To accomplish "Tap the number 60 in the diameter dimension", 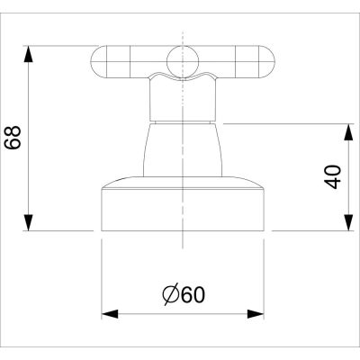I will point(192,294).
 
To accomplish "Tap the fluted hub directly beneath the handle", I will point(183,99).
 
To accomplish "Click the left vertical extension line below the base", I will point(100,270).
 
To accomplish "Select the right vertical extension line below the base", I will point(265,270).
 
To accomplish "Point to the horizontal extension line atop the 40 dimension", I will point(288,123).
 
